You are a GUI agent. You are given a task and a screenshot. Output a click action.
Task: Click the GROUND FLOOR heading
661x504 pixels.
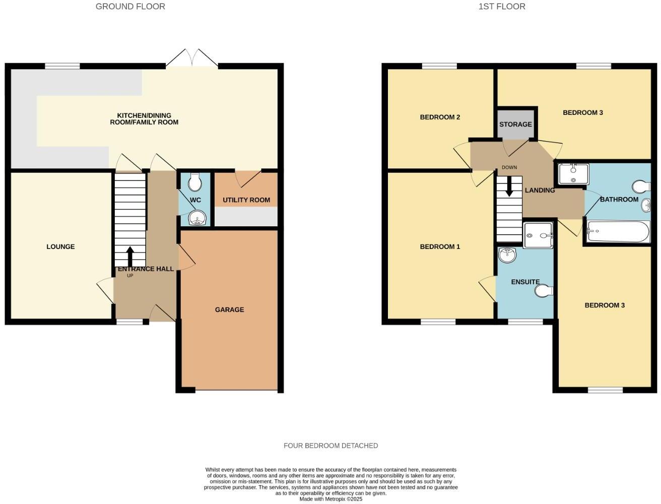point(130,7)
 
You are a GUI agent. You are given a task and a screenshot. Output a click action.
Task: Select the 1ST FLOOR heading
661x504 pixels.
point(501,7)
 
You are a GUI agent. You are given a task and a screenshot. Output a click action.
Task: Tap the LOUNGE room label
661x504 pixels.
point(60,246)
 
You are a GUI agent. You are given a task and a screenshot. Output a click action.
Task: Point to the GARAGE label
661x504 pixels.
point(229,309)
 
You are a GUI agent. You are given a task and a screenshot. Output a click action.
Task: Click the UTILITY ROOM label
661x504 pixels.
point(246,200)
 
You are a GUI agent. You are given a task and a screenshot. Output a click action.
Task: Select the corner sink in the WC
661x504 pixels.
point(196,218)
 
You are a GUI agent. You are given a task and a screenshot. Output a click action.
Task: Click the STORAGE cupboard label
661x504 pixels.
point(515,124)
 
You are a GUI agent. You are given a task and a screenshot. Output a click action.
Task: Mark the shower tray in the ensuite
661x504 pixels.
point(538,235)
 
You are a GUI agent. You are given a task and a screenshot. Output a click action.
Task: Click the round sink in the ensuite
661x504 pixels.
point(507,255)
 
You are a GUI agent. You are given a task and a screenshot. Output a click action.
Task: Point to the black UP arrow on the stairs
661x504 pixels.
point(130,256)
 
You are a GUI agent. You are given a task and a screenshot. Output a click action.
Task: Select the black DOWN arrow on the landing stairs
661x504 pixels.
point(509,186)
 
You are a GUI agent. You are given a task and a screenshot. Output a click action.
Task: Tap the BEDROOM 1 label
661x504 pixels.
point(440,246)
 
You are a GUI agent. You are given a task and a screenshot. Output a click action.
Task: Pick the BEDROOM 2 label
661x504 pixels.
point(440,117)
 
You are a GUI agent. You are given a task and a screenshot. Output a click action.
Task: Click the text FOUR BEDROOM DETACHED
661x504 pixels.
point(330,446)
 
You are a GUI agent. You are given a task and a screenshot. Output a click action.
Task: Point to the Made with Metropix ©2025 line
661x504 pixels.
point(330,499)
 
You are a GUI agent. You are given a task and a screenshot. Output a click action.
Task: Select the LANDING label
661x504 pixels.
point(540,191)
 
